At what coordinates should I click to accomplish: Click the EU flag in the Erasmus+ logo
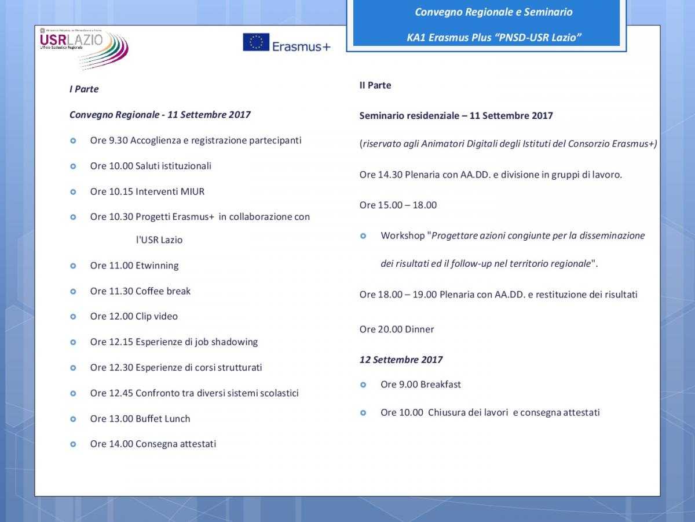point(256,42)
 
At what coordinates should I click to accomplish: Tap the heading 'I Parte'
point(84,89)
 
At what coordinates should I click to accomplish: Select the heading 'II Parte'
point(375,85)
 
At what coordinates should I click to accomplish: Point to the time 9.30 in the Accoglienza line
point(118,140)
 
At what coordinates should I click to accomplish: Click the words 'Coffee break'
point(163,291)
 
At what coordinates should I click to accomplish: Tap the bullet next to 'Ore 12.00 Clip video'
point(73,317)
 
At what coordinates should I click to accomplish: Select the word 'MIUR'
point(192,191)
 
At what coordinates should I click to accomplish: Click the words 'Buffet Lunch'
point(163,419)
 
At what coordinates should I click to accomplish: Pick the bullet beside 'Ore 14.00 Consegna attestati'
point(73,444)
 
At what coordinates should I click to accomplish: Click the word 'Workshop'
point(403,236)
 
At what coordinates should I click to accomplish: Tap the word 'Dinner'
point(419,329)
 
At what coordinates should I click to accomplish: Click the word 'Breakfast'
point(441,385)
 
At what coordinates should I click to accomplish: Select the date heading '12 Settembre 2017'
point(401,360)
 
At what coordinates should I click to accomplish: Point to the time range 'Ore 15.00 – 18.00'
point(398,205)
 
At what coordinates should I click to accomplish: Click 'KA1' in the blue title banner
point(416,38)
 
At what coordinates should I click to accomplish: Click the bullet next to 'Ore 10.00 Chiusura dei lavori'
point(363,413)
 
